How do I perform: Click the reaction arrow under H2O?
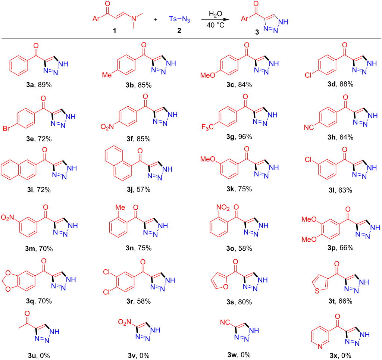point(215,19)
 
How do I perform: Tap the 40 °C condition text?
point(215,25)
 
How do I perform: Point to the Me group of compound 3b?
point(107,75)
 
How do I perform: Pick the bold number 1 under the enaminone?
point(114,31)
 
